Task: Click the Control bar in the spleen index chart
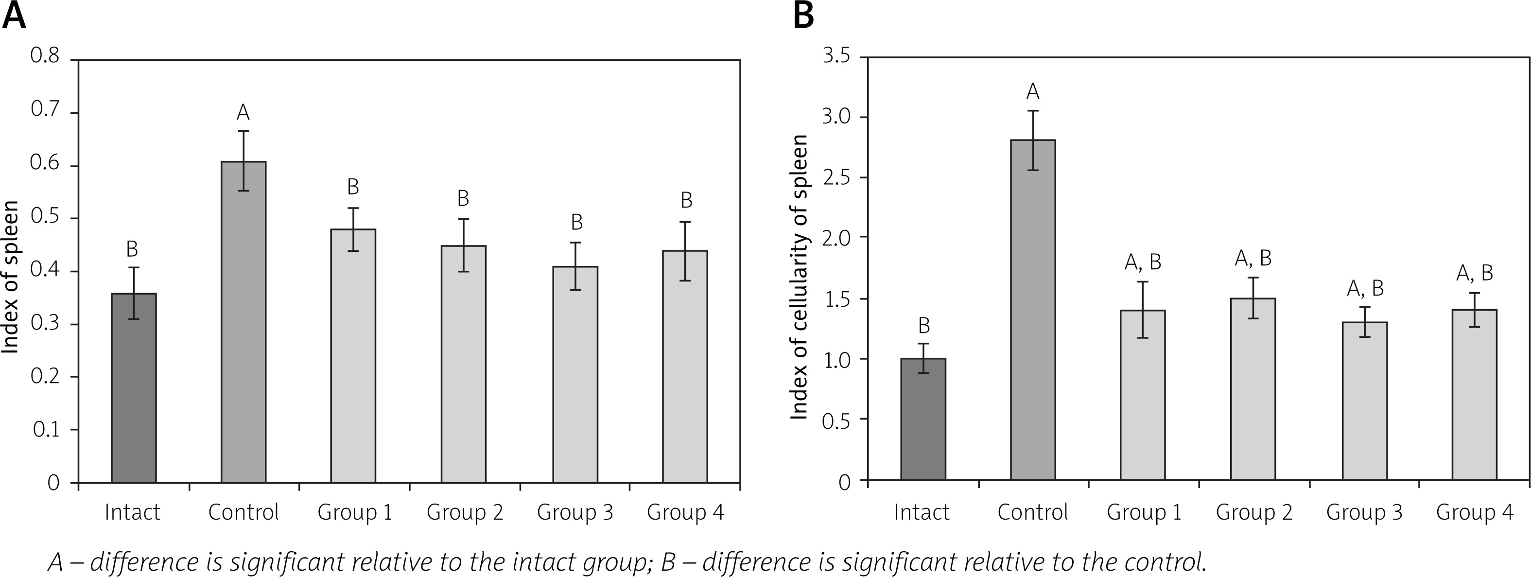pos(244,321)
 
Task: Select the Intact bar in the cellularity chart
pos(923,419)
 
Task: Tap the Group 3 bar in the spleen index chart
pos(575,374)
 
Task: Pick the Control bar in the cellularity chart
pos(1033,309)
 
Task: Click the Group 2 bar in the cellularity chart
pos(1253,389)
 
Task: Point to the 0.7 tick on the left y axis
pos(45,112)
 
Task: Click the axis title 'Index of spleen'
pos(10,277)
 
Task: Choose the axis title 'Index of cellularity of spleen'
pos(800,277)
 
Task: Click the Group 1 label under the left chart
pos(355,512)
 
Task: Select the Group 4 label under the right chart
pos(1475,512)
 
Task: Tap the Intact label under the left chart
pos(133,512)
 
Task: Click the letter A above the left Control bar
pos(243,112)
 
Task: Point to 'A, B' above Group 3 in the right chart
pos(1365,289)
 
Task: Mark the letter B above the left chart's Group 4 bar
pos(686,201)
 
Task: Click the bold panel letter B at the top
pos(804,17)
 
